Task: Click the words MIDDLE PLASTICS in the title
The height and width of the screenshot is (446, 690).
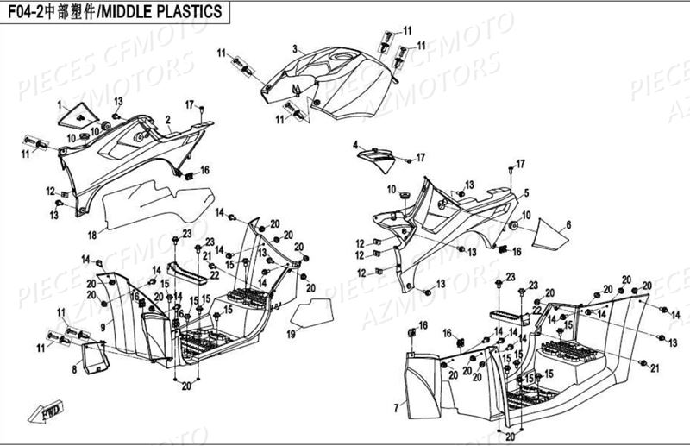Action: click(182, 11)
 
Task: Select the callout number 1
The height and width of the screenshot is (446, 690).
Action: click(61, 104)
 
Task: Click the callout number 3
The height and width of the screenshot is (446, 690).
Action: click(294, 48)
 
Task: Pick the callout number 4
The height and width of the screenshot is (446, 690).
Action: click(354, 146)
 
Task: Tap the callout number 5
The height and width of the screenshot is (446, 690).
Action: click(525, 194)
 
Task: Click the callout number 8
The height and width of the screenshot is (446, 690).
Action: click(74, 369)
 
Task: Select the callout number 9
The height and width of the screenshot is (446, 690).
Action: click(102, 326)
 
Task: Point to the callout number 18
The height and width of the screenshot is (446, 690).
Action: click(91, 233)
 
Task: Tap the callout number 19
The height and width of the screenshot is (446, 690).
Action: click(292, 333)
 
